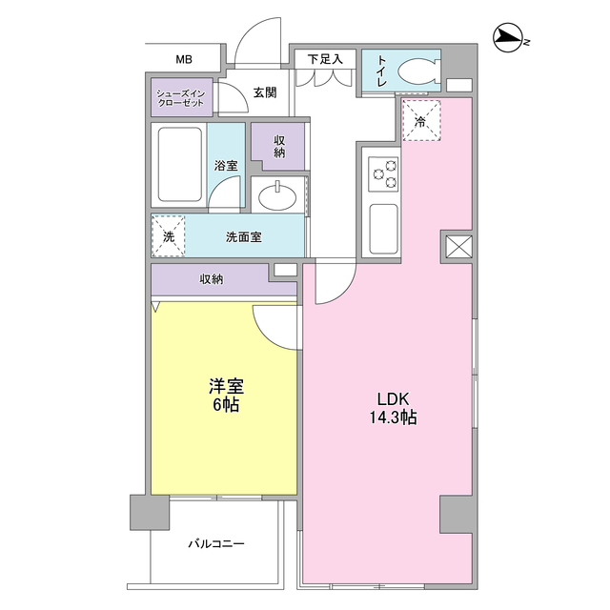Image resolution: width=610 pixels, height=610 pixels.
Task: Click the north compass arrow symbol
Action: (x=511, y=39)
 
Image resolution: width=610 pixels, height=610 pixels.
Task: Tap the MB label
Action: (x=183, y=59)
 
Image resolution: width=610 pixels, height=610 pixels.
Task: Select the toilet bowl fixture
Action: (x=416, y=71)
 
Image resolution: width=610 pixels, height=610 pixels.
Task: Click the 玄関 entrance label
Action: (x=265, y=92)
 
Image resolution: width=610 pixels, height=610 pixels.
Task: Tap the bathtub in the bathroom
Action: (x=179, y=164)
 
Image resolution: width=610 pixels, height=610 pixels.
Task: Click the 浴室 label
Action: (x=226, y=165)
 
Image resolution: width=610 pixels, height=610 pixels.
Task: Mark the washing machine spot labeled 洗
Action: (x=168, y=235)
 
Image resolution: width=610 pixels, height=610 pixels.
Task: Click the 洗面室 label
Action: (x=244, y=236)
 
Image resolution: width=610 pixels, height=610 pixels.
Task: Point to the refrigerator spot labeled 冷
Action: (x=421, y=120)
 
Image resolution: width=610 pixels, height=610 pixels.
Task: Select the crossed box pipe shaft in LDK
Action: (x=457, y=247)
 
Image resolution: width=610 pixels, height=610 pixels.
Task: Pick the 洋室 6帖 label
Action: (x=226, y=396)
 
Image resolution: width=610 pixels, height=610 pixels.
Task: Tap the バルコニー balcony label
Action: (x=215, y=543)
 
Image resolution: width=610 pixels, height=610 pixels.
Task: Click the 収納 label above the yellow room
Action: (x=212, y=278)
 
